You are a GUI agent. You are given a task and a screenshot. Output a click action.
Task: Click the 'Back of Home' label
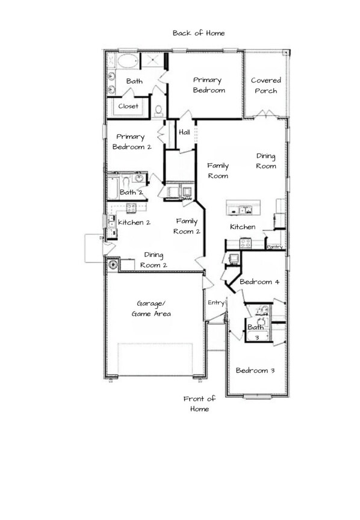tap(199, 33)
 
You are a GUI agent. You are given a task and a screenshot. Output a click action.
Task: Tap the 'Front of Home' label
tap(199, 404)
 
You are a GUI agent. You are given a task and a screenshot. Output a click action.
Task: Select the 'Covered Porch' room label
tap(265, 85)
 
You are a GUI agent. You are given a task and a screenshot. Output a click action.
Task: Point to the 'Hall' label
tap(184, 132)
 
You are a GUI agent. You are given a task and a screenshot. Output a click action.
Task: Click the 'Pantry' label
tap(275, 247)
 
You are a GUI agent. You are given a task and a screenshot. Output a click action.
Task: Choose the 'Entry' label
tap(216, 303)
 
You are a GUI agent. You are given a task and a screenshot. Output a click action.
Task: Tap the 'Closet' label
tap(128, 106)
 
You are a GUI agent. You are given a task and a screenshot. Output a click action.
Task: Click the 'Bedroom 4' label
tap(259, 282)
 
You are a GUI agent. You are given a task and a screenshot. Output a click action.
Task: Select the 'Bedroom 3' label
tap(255, 370)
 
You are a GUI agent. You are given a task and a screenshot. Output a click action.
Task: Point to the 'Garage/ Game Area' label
tap(151, 309)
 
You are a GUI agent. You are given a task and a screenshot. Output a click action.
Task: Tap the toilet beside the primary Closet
tap(159, 111)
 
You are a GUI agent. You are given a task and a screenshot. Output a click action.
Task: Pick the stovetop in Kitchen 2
tap(131, 208)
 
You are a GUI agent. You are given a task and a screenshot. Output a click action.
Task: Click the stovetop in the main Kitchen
tap(246, 243)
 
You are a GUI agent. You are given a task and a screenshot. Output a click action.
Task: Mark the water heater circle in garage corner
tap(113, 264)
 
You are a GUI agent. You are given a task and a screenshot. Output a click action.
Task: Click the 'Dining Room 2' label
tap(154, 259)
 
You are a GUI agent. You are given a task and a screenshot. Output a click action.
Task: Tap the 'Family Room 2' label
tap(187, 226)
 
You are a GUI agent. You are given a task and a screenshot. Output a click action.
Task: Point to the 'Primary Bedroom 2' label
tap(132, 141)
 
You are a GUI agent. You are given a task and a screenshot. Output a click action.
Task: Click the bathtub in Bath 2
tap(113, 188)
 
